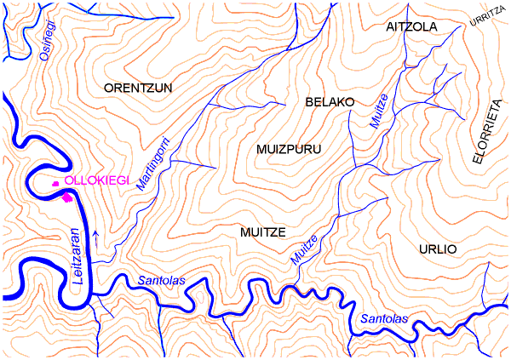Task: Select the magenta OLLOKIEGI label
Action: tap(96, 181)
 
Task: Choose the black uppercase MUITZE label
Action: tap(261, 231)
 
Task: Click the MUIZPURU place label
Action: tap(288, 149)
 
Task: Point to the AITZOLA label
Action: tap(411, 26)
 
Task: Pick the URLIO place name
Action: tap(438, 249)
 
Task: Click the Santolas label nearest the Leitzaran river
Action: tap(162, 281)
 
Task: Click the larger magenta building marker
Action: tap(67, 197)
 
